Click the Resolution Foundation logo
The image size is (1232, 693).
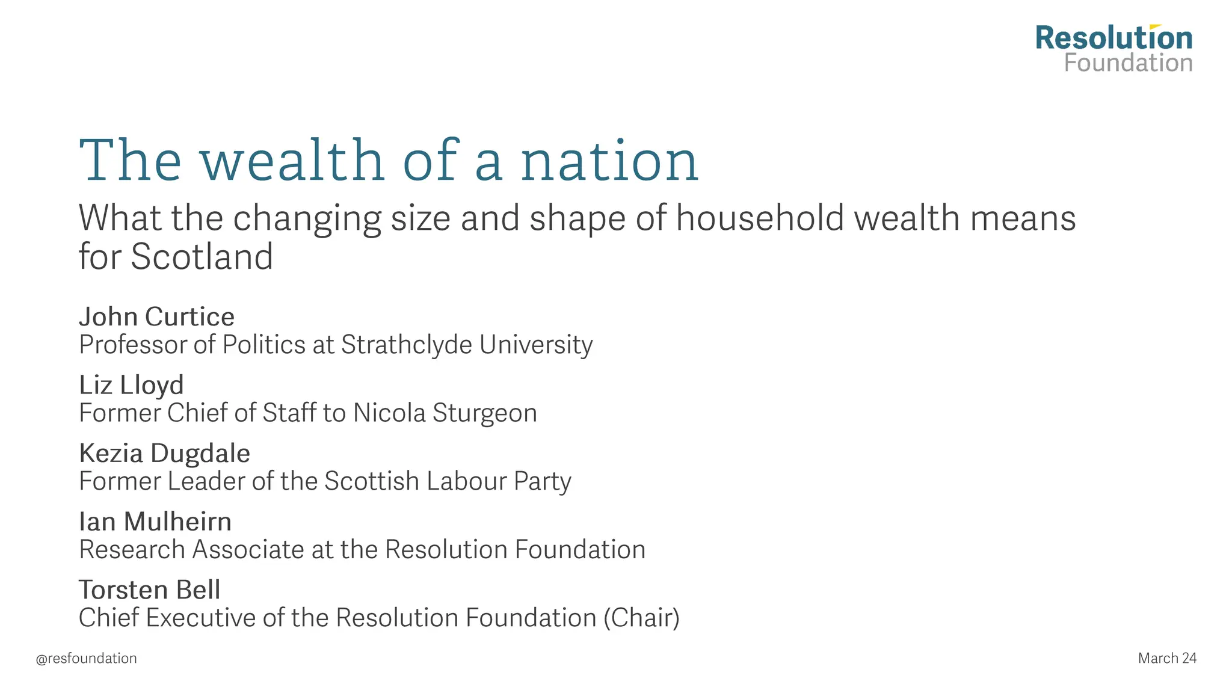(x=1113, y=49)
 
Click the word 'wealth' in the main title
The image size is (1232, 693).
(x=292, y=161)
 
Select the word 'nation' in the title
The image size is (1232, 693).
(x=609, y=161)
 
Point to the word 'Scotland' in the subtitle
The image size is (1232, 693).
(x=202, y=257)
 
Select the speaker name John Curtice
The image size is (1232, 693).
(x=156, y=316)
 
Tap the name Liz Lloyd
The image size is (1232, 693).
(x=131, y=385)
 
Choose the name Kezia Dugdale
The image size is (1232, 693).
(x=164, y=453)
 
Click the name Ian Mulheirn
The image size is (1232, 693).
(x=155, y=522)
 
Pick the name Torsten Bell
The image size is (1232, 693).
(x=149, y=590)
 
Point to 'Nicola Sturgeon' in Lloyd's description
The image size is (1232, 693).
(x=445, y=413)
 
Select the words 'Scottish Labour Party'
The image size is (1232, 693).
(x=448, y=481)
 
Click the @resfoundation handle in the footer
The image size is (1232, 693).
(x=86, y=659)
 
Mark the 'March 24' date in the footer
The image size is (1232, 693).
(x=1167, y=659)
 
